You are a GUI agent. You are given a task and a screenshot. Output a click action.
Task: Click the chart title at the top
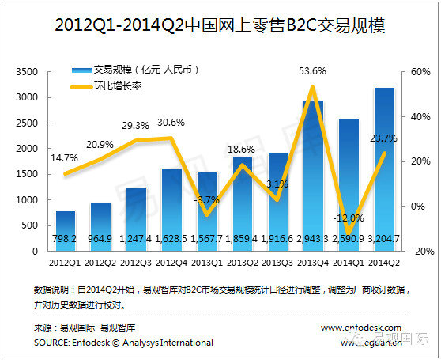[x=220, y=25]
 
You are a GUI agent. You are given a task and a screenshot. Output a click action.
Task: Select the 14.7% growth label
[x=65, y=157]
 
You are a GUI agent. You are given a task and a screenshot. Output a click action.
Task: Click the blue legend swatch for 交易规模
[x=80, y=68]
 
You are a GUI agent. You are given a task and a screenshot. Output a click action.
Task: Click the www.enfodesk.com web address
[x=361, y=327]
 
